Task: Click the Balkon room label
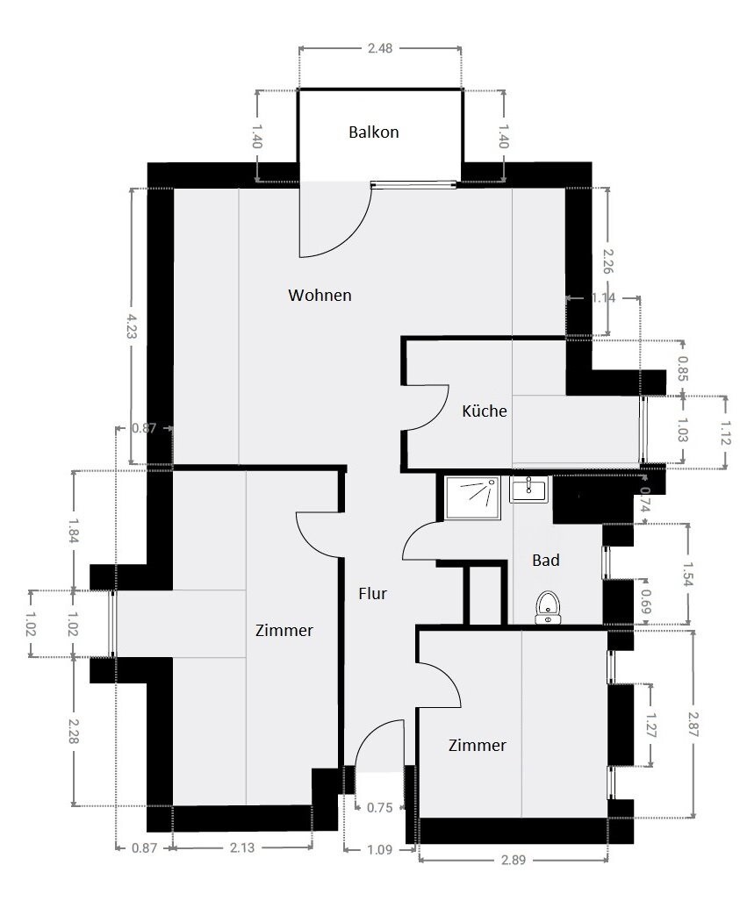(373, 132)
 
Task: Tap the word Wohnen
(320, 296)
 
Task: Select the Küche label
(485, 410)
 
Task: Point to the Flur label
(372, 594)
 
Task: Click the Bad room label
(546, 560)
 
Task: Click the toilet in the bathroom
(549, 606)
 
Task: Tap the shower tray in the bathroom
(471, 497)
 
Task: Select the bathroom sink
(529, 489)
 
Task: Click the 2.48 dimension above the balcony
(380, 48)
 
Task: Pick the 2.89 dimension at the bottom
(513, 860)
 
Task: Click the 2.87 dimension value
(693, 724)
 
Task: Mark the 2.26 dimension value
(608, 261)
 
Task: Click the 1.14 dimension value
(603, 298)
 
